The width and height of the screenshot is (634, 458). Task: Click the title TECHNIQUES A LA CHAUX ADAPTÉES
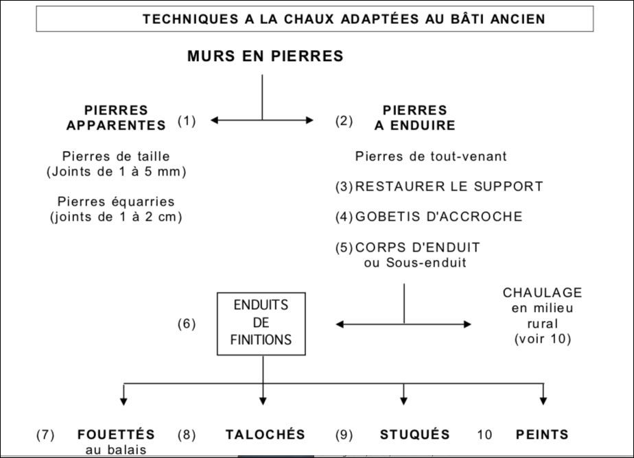tap(344, 19)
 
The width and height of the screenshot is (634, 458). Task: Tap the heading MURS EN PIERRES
tap(265, 56)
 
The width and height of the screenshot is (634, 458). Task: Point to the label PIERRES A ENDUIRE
tap(414, 117)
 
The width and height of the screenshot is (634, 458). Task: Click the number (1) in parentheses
tap(187, 121)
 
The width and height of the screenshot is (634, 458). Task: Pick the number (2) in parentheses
tap(344, 121)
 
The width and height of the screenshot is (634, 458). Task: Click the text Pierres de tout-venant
tap(431, 156)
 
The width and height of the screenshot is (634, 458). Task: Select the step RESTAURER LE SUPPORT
tap(449, 186)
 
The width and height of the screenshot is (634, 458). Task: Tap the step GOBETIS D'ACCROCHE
tap(438, 217)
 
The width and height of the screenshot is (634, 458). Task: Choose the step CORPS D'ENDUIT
tap(427, 248)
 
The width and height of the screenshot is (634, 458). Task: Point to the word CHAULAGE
tap(542, 293)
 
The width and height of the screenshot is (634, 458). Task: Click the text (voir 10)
tap(542, 339)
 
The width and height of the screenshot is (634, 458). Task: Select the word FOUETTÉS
tap(116, 434)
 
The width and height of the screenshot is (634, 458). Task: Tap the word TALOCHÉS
tap(265, 434)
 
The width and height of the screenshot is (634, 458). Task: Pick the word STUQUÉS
tap(414, 434)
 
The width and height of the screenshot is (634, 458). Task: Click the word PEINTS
tap(542, 434)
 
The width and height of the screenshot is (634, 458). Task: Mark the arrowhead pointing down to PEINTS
tap(543, 399)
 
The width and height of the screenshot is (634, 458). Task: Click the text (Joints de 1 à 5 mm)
tap(116, 172)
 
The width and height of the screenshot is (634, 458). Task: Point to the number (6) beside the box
tap(187, 324)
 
